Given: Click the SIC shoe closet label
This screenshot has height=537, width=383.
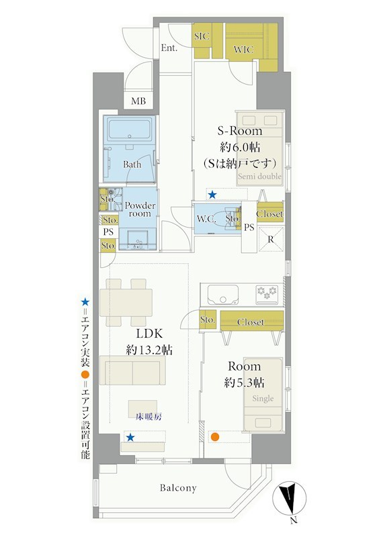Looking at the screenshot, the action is (x=202, y=36).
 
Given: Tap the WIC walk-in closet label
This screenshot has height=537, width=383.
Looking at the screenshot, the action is (x=243, y=49).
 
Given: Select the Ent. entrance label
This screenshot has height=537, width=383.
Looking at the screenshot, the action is (x=169, y=48).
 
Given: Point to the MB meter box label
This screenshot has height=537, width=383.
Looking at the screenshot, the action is (x=138, y=101).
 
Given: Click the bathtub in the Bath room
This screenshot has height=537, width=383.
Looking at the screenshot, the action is (x=130, y=130).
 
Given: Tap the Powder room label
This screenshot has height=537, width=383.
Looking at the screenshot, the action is (x=140, y=209).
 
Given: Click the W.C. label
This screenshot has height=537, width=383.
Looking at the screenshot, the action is (x=206, y=219).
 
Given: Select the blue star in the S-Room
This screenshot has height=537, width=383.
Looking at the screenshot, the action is (x=212, y=195).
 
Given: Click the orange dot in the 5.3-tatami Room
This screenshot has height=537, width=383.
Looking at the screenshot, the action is (x=214, y=437).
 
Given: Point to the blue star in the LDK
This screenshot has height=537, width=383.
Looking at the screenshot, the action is (x=130, y=438).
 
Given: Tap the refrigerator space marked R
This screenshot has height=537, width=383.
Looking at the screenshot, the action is (x=271, y=239).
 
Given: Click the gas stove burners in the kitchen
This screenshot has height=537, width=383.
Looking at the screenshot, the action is (x=267, y=294).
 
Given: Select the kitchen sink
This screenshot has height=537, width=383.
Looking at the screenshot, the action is (x=223, y=295).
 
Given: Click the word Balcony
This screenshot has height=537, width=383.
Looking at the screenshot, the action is (x=178, y=488).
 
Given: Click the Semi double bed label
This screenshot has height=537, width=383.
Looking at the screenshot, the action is (x=259, y=177).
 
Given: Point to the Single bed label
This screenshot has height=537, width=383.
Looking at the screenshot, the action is (x=263, y=398).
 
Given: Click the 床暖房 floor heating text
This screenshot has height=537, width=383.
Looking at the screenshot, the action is (x=148, y=417).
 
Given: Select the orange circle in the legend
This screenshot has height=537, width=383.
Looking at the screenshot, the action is (x=85, y=375).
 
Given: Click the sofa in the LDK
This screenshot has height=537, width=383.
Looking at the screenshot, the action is (x=132, y=371).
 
